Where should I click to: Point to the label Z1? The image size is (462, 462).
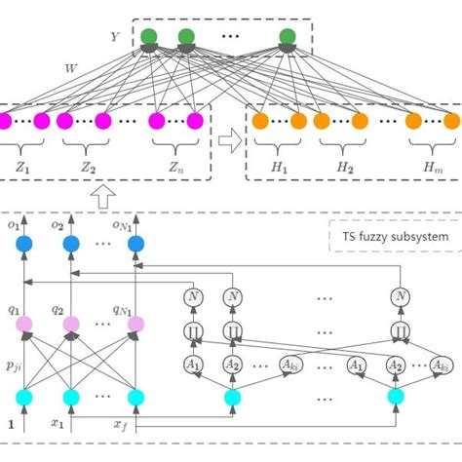pyautogui.click(x=23, y=168)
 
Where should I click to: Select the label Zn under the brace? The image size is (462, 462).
pyautogui.click(x=176, y=168)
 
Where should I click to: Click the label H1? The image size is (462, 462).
pyautogui.click(x=279, y=168)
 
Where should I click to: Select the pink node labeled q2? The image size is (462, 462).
pyautogui.click(x=70, y=323)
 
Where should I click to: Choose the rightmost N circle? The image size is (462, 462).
pyautogui.click(x=400, y=296)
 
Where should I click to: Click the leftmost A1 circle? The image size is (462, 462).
pyautogui.click(x=194, y=364)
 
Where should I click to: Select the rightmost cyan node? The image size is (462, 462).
pyautogui.click(x=395, y=397)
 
